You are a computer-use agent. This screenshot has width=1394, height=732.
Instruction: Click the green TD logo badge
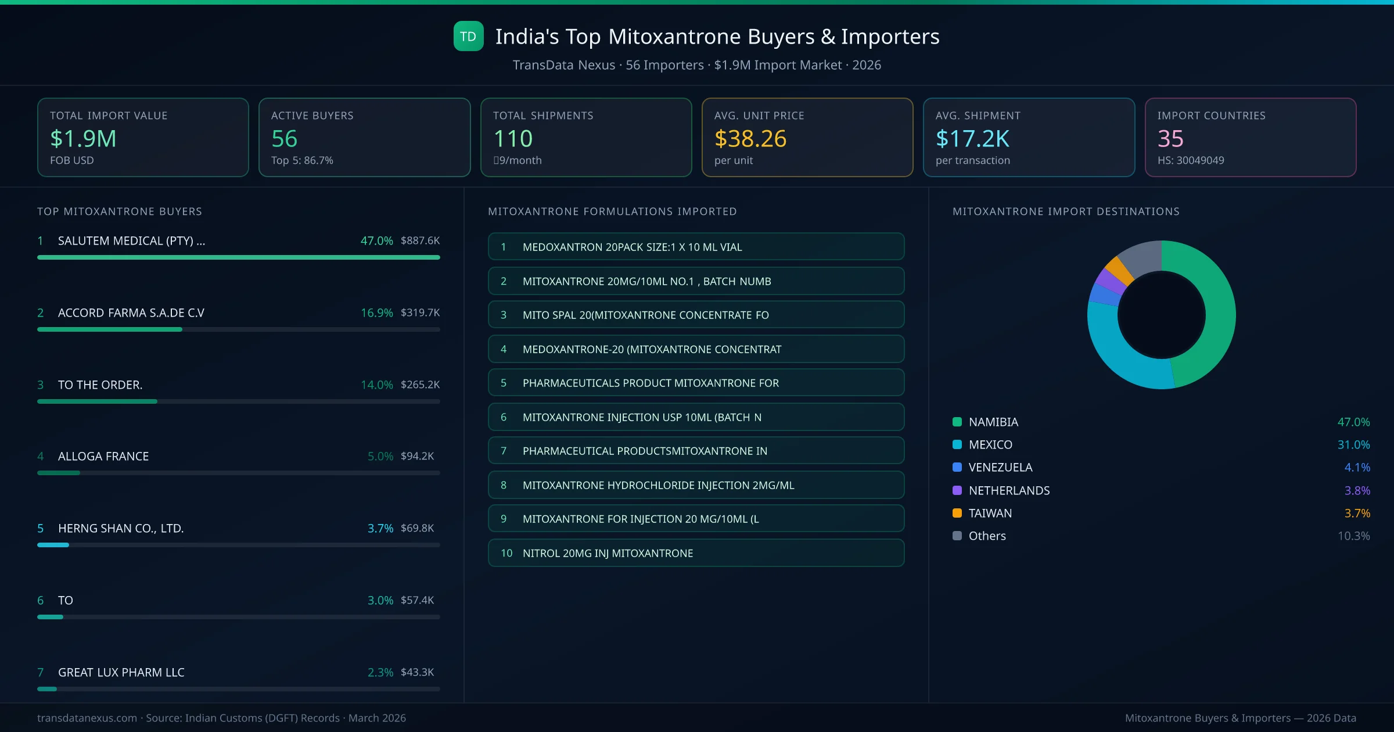tap(468, 37)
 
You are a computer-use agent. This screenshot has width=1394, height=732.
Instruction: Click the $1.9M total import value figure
tap(84, 139)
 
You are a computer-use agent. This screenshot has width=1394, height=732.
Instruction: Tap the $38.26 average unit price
tap(750, 139)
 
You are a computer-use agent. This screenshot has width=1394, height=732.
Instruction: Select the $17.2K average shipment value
tap(972, 139)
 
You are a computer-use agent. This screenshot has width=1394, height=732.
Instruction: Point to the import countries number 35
tap(1170, 139)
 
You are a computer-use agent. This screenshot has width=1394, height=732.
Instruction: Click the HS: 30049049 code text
tap(1190, 160)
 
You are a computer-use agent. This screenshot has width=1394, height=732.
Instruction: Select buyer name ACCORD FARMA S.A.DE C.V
tap(131, 313)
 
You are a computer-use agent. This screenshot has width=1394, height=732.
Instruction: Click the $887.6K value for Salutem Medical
tap(420, 241)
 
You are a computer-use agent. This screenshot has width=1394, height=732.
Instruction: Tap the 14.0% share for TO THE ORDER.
tap(376, 385)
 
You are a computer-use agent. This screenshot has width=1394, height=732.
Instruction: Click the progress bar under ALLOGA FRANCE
tap(238, 473)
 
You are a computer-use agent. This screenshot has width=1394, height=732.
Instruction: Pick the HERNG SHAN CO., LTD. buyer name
tap(121, 529)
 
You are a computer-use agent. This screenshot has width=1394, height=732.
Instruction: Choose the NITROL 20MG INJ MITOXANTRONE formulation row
tap(696, 553)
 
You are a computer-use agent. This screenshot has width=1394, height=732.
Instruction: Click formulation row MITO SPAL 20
tap(696, 315)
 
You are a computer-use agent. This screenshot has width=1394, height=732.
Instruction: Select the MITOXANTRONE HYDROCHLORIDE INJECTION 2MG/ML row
tap(696, 485)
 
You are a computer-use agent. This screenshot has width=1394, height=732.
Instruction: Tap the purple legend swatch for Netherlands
tap(957, 490)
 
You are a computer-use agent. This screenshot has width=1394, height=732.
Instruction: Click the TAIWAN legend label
tap(990, 514)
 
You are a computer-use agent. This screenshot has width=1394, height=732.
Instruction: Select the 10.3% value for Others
tap(1353, 536)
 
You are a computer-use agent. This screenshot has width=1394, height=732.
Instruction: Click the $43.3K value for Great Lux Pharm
tap(417, 672)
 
